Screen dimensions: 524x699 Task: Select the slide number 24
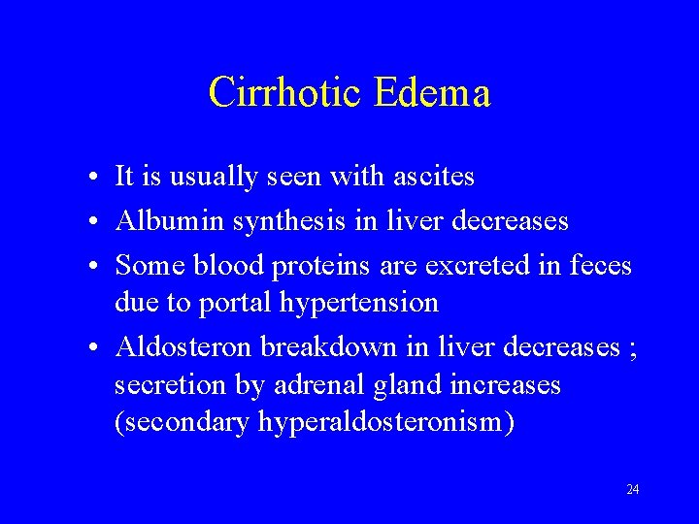coord(632,490)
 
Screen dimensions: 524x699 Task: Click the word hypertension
coord(359,303)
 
